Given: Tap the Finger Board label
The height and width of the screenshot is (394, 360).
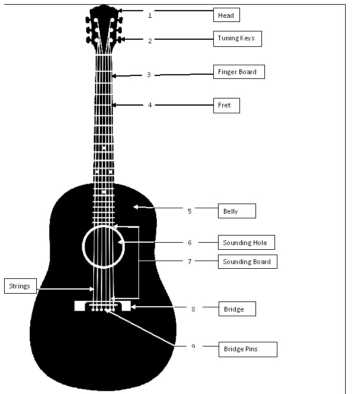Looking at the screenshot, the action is coord(238,72).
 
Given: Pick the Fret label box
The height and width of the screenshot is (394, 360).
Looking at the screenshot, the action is coord(226,106).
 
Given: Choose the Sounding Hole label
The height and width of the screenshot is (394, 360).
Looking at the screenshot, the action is coord(245,243).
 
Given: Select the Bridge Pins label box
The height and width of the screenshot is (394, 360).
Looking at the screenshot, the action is coord(247,349).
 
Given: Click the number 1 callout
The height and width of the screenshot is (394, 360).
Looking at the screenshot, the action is coord(150,15).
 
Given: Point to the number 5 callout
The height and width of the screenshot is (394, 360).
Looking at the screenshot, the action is coord(190,211).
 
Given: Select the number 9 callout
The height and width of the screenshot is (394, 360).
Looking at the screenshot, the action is coord(193,346).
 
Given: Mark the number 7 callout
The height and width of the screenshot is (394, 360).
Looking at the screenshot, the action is coord(190,261).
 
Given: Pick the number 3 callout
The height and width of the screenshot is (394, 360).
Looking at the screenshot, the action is coord(149,75).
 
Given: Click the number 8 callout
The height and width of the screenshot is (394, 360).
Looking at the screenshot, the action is coord(193,309).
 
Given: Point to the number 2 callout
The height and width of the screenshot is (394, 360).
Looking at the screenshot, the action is coord(150,41).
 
